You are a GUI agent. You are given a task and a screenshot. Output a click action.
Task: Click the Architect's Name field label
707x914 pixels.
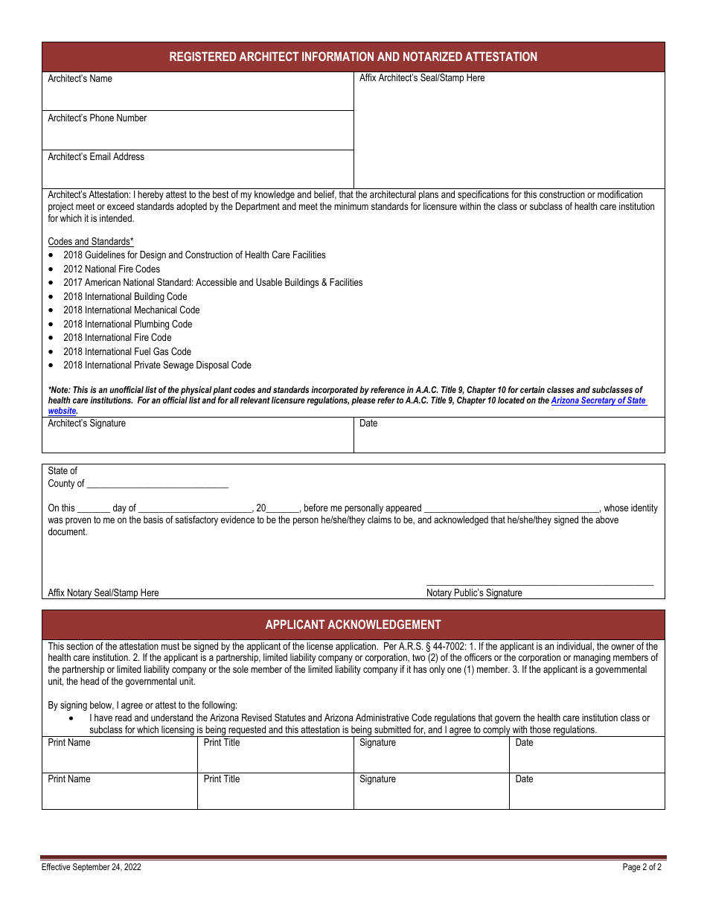[x=80, y=79]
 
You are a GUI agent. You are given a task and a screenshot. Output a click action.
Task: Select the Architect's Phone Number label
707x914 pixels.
[x=97, y=118]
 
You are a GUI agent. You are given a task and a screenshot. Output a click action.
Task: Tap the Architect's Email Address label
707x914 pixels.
[x=96, y=157]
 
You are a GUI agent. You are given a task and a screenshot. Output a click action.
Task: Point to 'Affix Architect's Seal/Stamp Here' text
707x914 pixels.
[x=421, y=78]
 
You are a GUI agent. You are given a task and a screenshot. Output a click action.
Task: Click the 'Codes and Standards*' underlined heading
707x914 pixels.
[x=91, y=242]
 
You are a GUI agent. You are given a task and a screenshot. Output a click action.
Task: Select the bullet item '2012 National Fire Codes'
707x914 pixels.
[x=111, y=269]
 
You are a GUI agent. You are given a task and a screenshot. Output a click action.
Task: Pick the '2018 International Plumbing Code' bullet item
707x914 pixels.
[x=127, y=325]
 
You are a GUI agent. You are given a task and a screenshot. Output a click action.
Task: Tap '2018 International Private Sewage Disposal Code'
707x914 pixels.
[x=157, y=365]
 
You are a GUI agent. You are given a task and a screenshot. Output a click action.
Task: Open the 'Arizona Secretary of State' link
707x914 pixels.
[x=598, y=400]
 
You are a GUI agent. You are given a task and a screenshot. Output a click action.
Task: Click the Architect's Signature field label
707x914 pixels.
[x=86, y=424]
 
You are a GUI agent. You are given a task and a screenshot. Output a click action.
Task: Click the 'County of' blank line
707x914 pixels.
[x=157, y=485]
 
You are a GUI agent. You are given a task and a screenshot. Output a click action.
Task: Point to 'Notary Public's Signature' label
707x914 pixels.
[x=474, y=593]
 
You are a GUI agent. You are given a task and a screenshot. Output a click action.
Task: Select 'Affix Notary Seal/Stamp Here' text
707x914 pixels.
[x=103, y=593]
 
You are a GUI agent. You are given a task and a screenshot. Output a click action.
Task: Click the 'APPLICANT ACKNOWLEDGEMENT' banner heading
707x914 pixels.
[x=353, y=625]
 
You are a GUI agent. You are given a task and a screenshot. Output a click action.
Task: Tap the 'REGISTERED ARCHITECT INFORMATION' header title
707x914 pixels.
[x=353, y=57]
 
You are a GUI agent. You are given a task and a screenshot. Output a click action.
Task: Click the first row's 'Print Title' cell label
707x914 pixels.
[x=222, y=743]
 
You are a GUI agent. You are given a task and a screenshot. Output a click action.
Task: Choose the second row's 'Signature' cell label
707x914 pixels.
[x=377, y=779]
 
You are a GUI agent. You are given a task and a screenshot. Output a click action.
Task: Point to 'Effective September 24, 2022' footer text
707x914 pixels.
[x=91, y=867]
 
